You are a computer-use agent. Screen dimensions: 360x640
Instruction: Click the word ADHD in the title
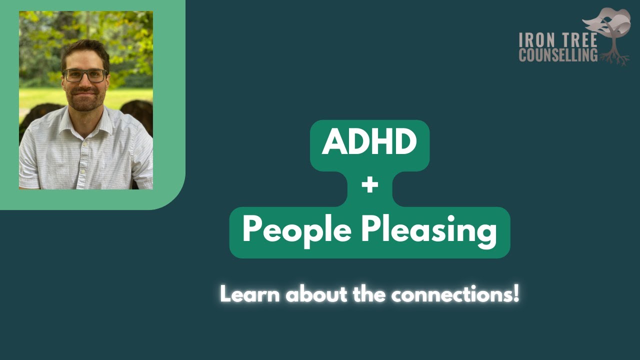click(x=369, y=142)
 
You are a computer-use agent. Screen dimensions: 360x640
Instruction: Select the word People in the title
click(x=297, y=230)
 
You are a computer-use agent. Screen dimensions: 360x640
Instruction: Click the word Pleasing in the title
click(x=429, y=231)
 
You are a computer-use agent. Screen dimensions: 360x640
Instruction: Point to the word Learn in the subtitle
click(x=249, y=294)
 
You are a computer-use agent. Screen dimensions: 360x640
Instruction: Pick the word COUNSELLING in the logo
click(x=558, y=55)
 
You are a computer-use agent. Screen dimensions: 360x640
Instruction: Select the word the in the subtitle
click(x=370, y=294)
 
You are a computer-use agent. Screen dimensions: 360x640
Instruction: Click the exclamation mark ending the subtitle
click(x=516, y=294)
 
